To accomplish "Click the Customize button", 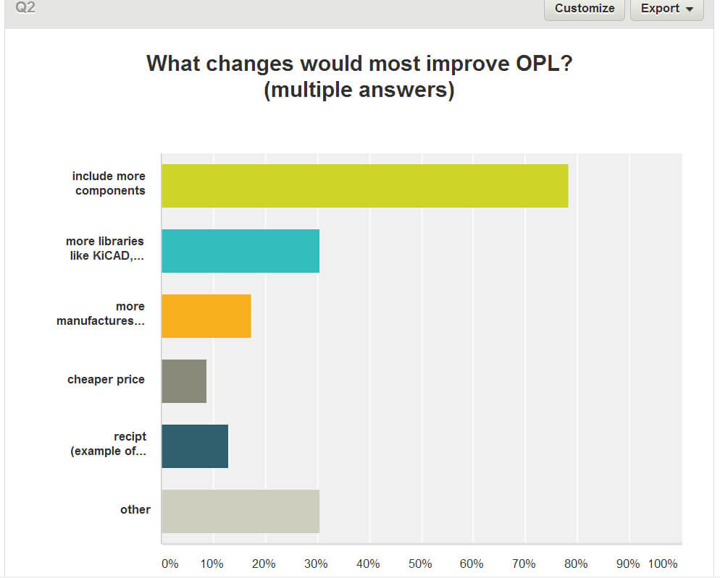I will click(584, 9).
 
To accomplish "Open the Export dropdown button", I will click(666, 9).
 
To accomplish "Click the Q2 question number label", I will click(25, 7).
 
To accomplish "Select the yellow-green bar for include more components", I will click(364, 186).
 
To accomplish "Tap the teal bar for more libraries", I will click(240, 251).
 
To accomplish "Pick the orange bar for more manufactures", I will click(206, 316).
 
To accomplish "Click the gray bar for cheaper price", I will click(184, 381).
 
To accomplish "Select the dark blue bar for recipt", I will click(195, 446).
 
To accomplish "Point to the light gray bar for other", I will click(240, 511).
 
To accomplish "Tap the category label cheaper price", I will click(106, 380).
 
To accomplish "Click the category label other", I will click(135, 510).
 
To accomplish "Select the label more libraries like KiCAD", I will click(105, 248).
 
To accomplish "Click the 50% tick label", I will click(420, 564).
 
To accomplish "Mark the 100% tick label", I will click(662, 564).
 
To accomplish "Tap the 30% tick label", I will click(316, 564).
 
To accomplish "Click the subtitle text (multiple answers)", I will click(359, 91).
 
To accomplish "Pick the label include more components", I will click(109, 183).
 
